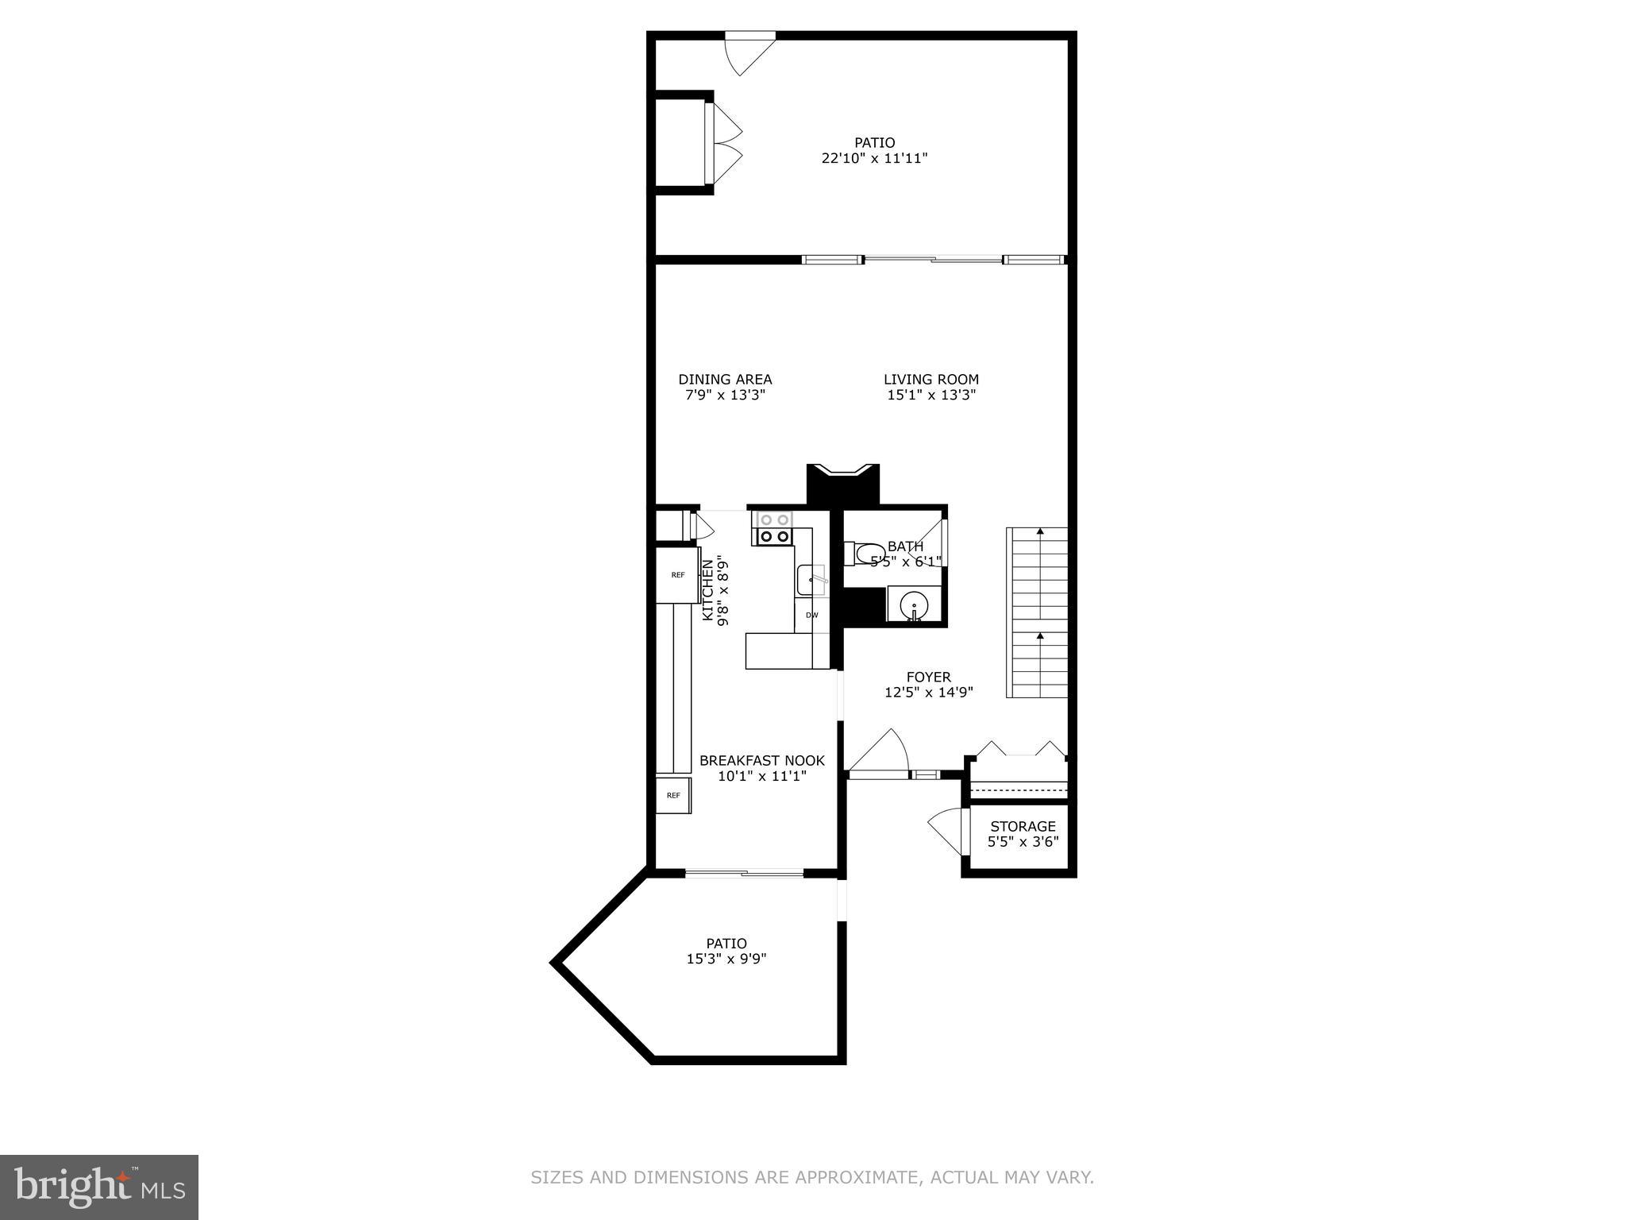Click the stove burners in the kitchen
(774, 528)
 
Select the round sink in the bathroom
(914, 608)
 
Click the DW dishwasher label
(811, 615)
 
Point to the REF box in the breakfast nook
(673, 795)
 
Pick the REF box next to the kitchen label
(677, 575)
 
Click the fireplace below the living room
(842, 483)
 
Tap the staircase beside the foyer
(1038, 612)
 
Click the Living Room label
(931, 380)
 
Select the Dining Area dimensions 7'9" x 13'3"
(725, 395)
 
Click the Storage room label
(1023, 827)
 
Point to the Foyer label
(928, 678)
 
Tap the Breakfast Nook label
(761, 761)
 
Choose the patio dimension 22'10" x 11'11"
(874, 158)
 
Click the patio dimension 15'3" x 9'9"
(726, 959)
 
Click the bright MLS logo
(99, 1187)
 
